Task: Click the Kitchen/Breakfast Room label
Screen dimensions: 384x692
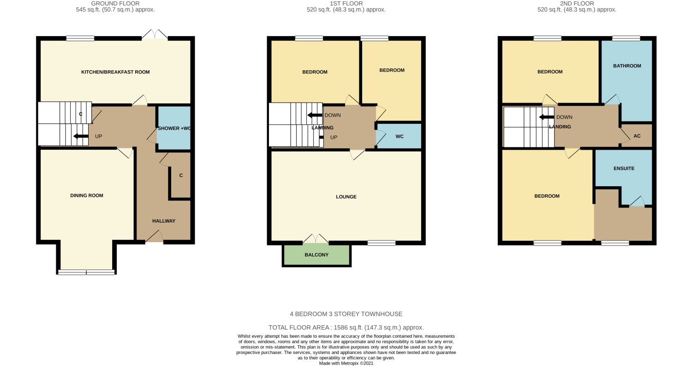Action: (115, 72)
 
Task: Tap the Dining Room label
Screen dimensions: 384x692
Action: (87, 195)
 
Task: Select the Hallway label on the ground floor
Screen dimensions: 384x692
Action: (164, 221)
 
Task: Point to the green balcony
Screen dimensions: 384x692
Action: (316, 255)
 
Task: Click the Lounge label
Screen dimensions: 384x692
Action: (346, 197)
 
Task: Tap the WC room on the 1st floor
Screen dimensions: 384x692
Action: (400, 136)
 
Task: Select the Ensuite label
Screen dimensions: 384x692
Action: (624, 169)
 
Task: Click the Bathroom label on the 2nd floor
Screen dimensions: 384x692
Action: (627, 66)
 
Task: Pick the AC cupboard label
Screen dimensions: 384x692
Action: (637, 136)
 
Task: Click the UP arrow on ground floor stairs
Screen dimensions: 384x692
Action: (81, 136)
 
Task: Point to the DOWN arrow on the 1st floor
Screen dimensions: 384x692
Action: (315, 116)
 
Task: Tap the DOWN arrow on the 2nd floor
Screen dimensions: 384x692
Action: (546, 117)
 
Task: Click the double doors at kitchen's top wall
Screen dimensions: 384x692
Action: (155, 35)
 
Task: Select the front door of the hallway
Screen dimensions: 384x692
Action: (154, 238)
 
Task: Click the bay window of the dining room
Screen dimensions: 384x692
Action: (86, 272)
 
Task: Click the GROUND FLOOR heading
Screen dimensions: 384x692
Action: (115, 4)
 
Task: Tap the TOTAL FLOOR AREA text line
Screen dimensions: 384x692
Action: (346, 328)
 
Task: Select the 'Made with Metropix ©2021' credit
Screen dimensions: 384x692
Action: (346, 363)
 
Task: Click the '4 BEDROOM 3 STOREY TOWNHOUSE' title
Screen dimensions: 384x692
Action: (346, 314)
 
